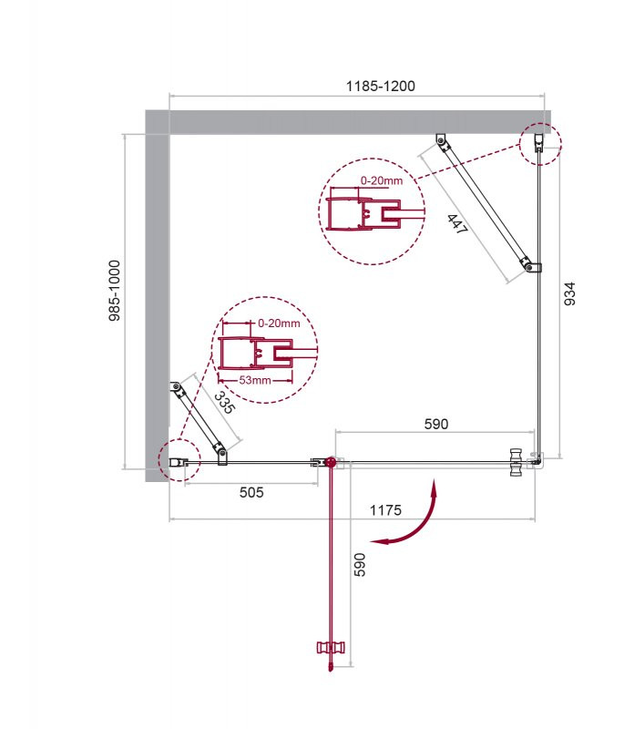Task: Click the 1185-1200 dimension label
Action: tap(381, 86)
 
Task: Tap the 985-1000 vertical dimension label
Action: tap(114, 291)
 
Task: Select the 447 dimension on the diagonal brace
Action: tap(457, 223)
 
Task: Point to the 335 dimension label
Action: tap(225, 403)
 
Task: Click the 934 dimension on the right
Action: tap(569, 293)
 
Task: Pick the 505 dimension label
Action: tap(251, 492)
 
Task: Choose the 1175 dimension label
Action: tap(385, 510)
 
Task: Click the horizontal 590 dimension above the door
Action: tap(436, 424)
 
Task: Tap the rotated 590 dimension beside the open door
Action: tap(360, 565)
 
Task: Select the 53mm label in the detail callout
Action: tap(255, 380)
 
